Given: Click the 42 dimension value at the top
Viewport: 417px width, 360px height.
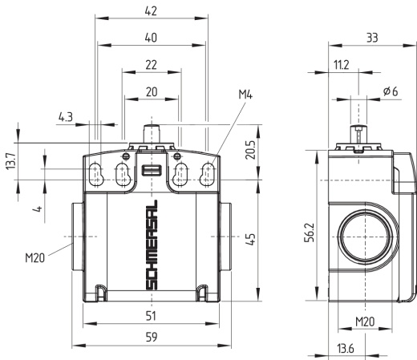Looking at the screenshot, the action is tap(151, 11).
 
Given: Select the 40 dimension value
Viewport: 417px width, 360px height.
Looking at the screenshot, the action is tap(151, 38).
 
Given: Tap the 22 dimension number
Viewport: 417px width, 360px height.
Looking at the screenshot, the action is tap(151, 65).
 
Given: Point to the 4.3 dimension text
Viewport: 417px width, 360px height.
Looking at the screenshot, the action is tap(66, 117).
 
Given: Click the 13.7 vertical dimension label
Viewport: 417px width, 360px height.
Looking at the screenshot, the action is tap(11, 161).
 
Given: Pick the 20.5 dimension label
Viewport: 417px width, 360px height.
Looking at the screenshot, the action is tap(250, 150).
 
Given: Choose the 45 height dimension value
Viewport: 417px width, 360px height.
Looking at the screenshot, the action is tap(250, 240).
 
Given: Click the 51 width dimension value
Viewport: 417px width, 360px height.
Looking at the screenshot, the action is tap(151, 316).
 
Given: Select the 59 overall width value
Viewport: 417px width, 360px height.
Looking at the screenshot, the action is tap(152, 337).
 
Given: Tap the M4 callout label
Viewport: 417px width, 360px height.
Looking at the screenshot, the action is tap(245, 95).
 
